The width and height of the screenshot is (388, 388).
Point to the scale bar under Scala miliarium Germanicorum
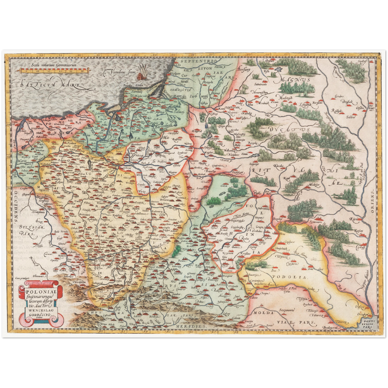(54, 71)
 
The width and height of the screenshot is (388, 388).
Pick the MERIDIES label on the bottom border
(191, 326)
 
